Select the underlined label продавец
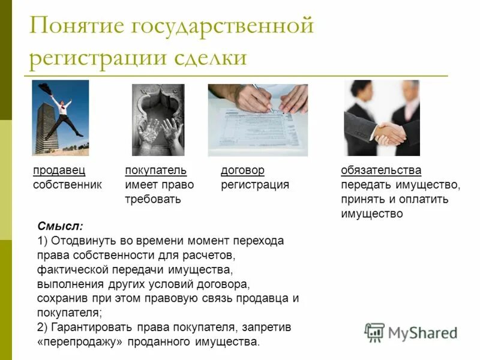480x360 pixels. click(x=58, y=170)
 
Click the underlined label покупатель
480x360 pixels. click(x=156, y=170)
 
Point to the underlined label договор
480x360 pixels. click(x=242, y=170)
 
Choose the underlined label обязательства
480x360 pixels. click(x=381, y=170)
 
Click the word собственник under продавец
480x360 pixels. click(x=67, y=185)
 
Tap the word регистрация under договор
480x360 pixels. click(x=255, y=185)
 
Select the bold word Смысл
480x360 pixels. click(x=59, y=226)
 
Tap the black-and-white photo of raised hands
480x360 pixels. click(x=158, y=119)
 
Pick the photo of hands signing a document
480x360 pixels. click(x=257, y=119)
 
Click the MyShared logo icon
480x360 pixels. click(x=374, y=332)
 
